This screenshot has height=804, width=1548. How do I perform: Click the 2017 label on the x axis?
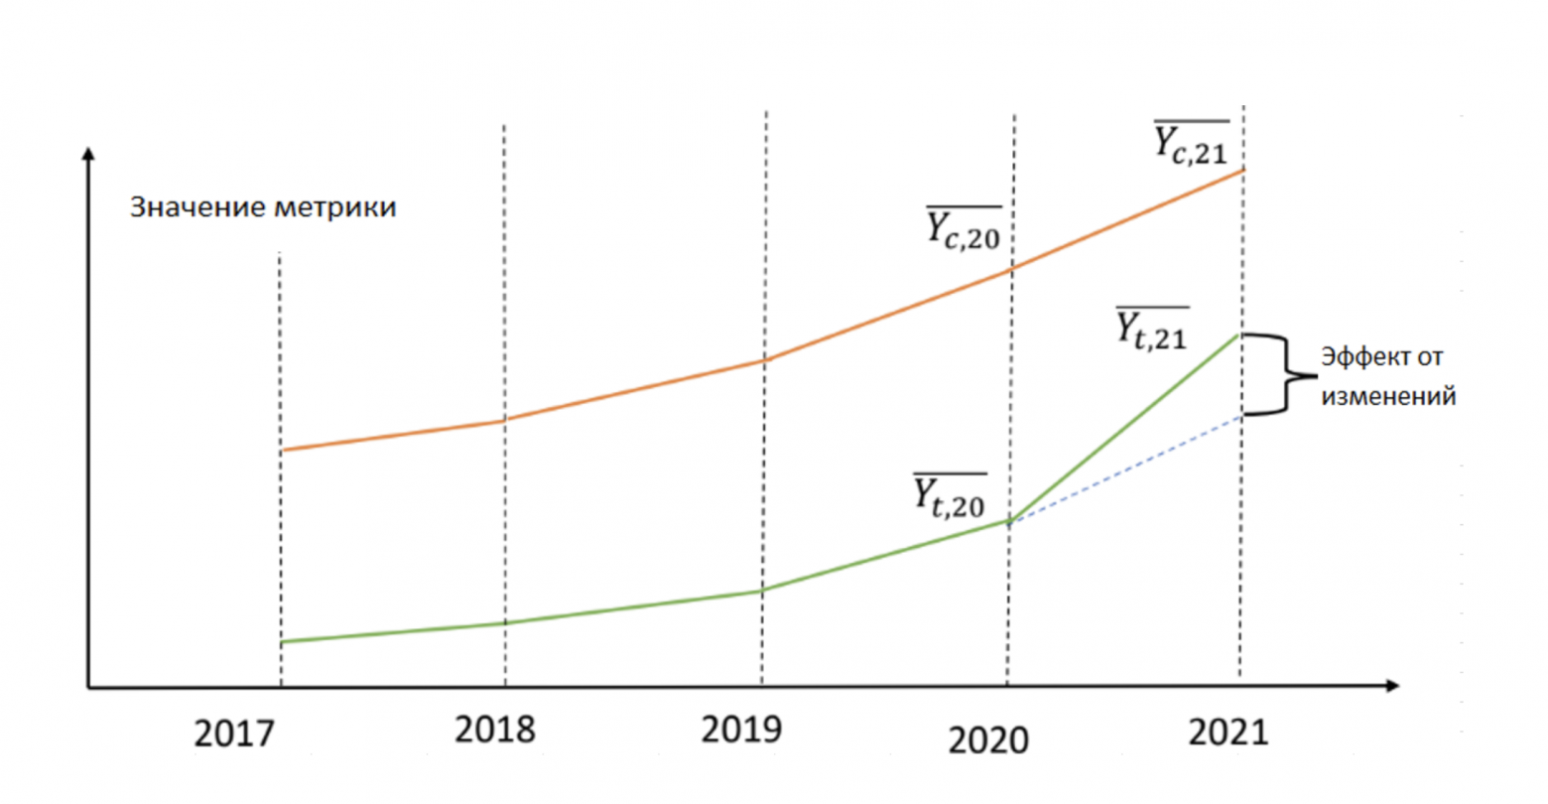click(234, 734)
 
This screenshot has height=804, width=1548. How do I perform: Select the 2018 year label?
click(495, 730)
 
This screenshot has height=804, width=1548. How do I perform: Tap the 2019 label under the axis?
click(741, 730)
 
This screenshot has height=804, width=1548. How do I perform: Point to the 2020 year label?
click(988, 739)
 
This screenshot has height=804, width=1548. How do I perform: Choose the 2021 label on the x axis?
click(1228, 733)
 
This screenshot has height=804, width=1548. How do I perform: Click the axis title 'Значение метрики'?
click(263, 207)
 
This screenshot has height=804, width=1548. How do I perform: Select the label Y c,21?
click(1191, 143)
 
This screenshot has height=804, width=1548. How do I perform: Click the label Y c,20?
click(964, 228)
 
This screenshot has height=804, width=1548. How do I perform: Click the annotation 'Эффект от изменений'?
click(1387, 376)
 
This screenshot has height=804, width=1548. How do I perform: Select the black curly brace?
click(1281, 374)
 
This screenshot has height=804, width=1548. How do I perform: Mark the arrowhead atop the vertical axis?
click(88, 154)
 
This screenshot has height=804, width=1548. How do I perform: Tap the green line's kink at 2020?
click(1009, 520)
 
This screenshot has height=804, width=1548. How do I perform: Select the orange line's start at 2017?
click(282, 450)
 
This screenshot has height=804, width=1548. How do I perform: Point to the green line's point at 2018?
click(505, 622)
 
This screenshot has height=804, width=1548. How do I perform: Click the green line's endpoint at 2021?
click(1239, 335)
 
